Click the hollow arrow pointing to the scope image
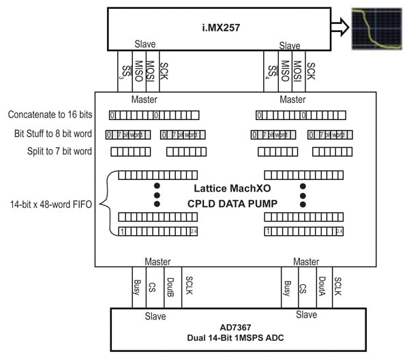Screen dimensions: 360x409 339,28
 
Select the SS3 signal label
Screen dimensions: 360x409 123,72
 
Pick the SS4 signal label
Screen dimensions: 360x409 273,72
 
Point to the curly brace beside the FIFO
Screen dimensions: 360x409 108,203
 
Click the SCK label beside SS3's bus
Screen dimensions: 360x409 164,71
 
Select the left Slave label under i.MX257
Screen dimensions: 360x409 145,45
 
